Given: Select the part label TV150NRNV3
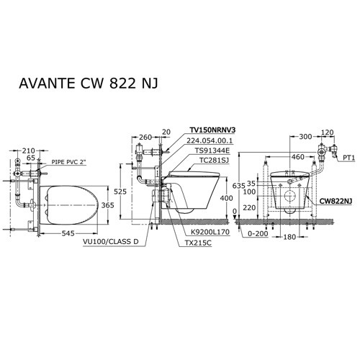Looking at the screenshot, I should [212, 130].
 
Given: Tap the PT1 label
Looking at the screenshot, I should [349, 156].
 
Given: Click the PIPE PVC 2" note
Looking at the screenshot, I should [70, 164].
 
